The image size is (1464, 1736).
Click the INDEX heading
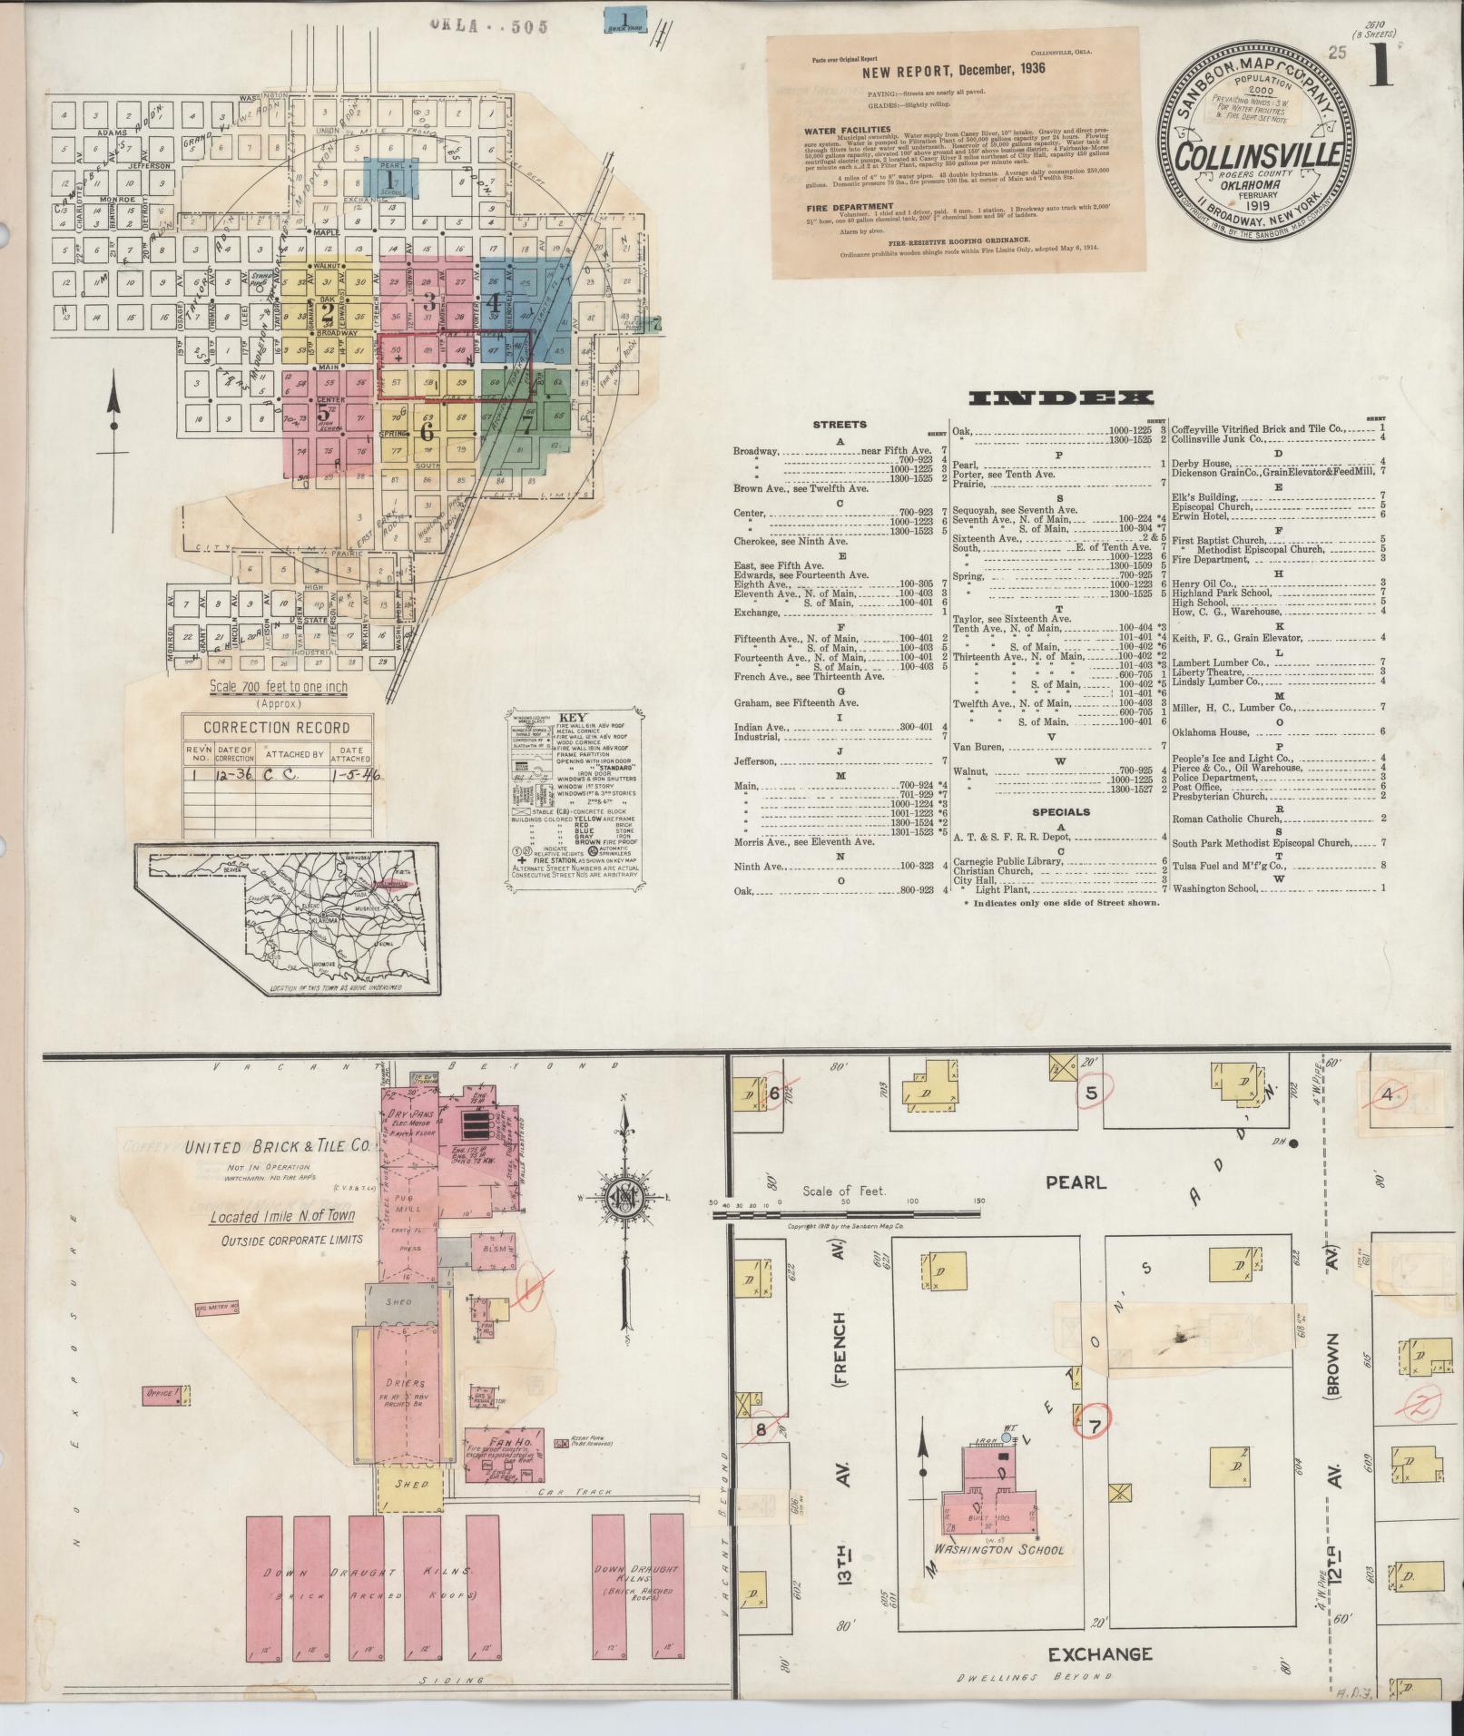(x=1061, y=397)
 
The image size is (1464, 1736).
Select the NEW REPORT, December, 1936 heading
(x=929, y=69)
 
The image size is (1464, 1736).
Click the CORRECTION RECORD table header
(x=277, y=727)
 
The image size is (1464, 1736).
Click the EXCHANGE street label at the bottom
(x=1100, y=1654)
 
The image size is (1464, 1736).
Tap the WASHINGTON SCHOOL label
(x=995, y=1550)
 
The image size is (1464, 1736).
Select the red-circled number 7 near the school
(x=1096, y=1427)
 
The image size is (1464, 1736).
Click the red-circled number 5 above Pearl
(x=1092, y=1094)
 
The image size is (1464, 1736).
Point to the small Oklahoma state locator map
(x=288, y=919)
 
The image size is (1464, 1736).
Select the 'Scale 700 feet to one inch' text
(x=278, y=687)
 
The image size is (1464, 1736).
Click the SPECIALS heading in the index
(x=1060, y=812)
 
